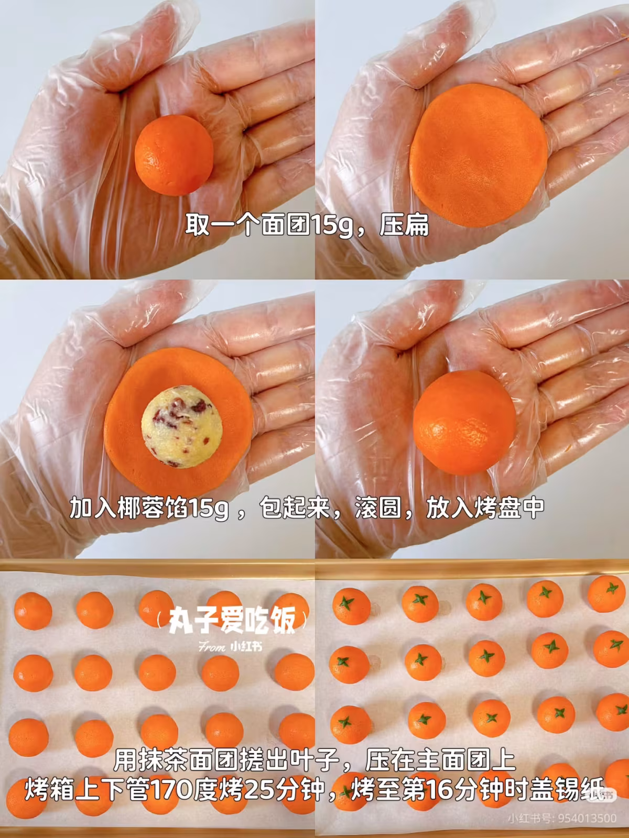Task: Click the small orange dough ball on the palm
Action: [x=174, y=156]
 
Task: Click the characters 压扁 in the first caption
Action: [x=404, y=226]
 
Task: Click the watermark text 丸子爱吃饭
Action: [x=232, y=620]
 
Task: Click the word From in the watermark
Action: [x=212, y=647]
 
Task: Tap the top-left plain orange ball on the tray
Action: [x=32, y=611]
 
